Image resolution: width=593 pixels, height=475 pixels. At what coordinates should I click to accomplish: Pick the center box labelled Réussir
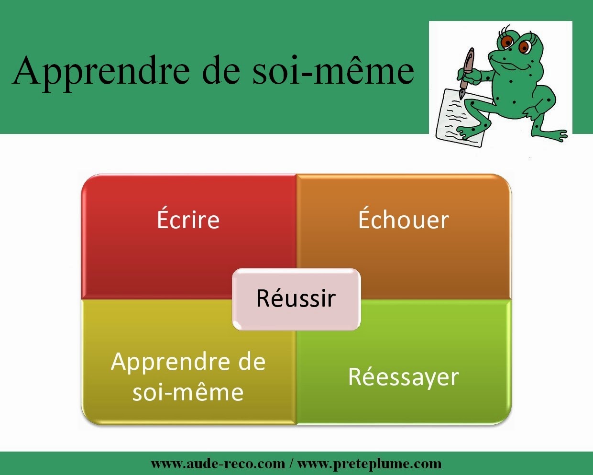point(296,299)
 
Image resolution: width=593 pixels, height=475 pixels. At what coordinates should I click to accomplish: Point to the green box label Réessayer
point(404,377)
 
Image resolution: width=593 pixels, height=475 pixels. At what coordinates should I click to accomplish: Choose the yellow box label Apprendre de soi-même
point(188,376)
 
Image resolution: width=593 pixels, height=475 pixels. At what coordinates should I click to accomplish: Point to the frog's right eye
point(525,47)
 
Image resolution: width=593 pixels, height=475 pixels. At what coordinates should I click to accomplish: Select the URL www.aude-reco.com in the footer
point(218,464)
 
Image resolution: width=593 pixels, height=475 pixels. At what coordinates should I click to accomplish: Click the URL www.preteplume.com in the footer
point(370,464)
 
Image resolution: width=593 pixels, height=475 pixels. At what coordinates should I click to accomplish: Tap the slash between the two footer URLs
point(291,464)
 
